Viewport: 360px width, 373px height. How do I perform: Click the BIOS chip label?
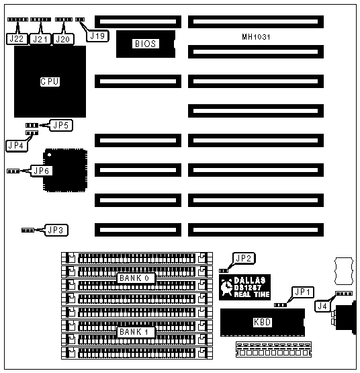click(145, 44)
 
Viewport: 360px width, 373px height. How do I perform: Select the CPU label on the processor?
click(50, 81)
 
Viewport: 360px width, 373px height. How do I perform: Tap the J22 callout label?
click(16, 39)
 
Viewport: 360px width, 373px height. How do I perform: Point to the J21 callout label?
click(40, 39)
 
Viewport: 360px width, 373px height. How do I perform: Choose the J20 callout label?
click(63, 39)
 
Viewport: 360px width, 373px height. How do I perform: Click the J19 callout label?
click(97, 36)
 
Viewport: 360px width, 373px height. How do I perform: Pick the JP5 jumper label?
click(61, 125)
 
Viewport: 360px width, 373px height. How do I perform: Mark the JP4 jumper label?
click(16, 145)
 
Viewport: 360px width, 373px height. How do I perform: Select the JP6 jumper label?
click(42, 171)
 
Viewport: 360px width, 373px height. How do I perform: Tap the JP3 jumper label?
click(56, 230)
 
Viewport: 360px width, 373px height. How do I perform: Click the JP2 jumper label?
click(244, 258)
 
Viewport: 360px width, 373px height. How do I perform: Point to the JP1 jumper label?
click(302, 292)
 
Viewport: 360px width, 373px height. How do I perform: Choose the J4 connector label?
click(322, 306)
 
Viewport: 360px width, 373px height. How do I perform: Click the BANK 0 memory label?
click(135, 278)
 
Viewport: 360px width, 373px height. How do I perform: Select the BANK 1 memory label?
click(135, 332)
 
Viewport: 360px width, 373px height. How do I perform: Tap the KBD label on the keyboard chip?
click(262, 322)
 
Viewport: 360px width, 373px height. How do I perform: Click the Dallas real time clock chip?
click(244, 287)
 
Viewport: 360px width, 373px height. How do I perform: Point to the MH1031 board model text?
click(256, 37)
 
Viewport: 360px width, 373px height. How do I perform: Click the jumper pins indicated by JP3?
click(28, 230)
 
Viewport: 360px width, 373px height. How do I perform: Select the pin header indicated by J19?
click(80, 19)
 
